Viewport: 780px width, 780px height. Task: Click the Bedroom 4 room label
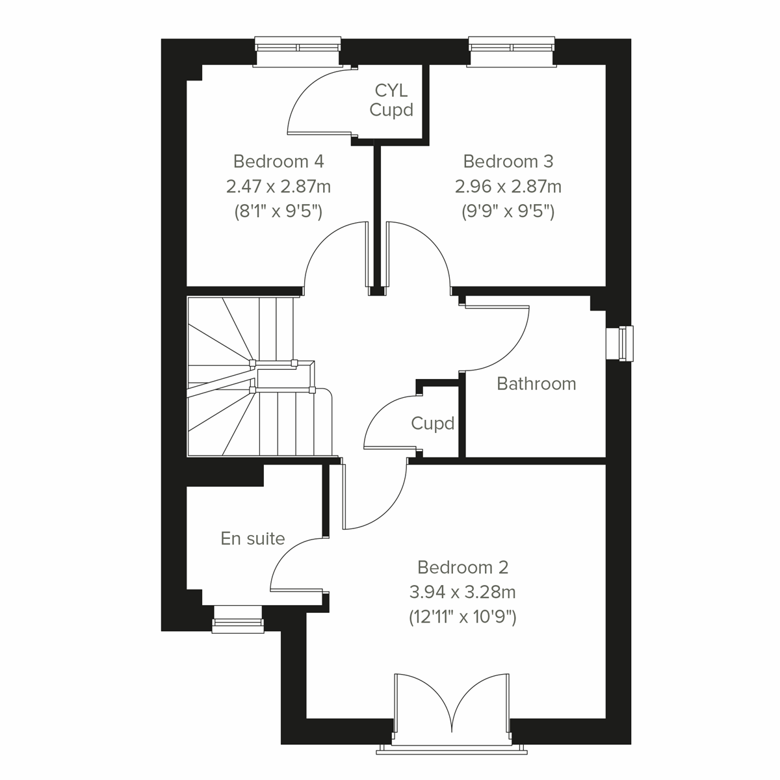[278, 161]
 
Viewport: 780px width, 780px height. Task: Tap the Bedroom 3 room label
[508, 161]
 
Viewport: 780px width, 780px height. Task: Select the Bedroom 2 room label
[462, 567]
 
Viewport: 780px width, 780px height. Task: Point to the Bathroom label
[536, 383]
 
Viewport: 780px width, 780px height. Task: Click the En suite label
[253, 538]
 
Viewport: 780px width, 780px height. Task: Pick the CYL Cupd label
[391, 99]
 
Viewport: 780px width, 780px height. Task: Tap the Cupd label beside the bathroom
[432, 424]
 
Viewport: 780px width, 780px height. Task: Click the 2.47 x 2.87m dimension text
[278, 187]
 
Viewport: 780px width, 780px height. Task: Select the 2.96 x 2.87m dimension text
[508, 187]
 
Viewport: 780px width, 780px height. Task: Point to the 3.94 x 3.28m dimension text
[462, 592]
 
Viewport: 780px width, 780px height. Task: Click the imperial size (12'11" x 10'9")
[462, 617]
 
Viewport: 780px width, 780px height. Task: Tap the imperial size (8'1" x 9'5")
[278, 212]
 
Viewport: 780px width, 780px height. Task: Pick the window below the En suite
[238, 618]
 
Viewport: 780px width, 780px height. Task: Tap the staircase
[253, 377]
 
